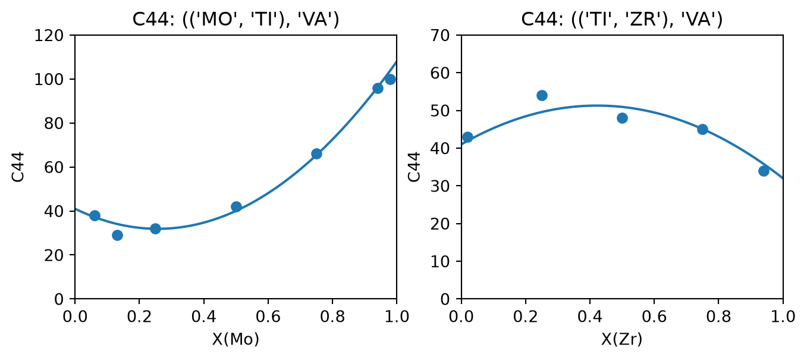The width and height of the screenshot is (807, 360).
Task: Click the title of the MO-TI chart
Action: (x=235, y=19)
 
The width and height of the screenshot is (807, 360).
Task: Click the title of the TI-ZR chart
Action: (x=622, y=19)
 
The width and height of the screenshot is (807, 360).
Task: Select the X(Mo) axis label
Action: (x=235, y=339)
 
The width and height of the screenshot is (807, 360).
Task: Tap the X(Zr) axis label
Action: (x=622, y=339)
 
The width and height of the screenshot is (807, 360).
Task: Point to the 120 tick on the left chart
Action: (x=49, y=35)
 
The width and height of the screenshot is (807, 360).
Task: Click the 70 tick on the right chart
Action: (x=440, y=35)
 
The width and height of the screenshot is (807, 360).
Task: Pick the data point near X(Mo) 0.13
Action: (x=117, y=235)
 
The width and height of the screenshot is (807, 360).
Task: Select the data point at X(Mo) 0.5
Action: (x=236, y=206)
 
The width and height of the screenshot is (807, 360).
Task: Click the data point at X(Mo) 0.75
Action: (x=316, y=154)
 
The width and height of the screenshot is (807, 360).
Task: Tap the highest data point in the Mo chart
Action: (x=390, y=79)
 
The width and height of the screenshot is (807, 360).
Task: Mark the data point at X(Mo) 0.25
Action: (x=155, y=228)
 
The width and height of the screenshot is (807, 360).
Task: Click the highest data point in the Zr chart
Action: (x=542, y=95)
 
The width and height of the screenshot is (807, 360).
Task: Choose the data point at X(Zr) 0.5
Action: (x=622, y=118)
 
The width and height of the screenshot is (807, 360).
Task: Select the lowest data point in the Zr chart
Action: (x=764, y=171)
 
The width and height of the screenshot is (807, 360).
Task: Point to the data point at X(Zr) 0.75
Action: (x=702, y=129)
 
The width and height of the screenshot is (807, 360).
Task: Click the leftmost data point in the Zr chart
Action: (x=467, y=137)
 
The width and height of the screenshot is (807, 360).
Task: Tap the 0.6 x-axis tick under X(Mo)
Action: (x=268, y=317)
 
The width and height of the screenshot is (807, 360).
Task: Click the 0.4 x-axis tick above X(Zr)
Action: (x=590, y=317)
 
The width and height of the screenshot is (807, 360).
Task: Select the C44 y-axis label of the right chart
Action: (x=415, y=167)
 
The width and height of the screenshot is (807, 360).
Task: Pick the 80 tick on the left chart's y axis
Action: (x=54, y=123)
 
